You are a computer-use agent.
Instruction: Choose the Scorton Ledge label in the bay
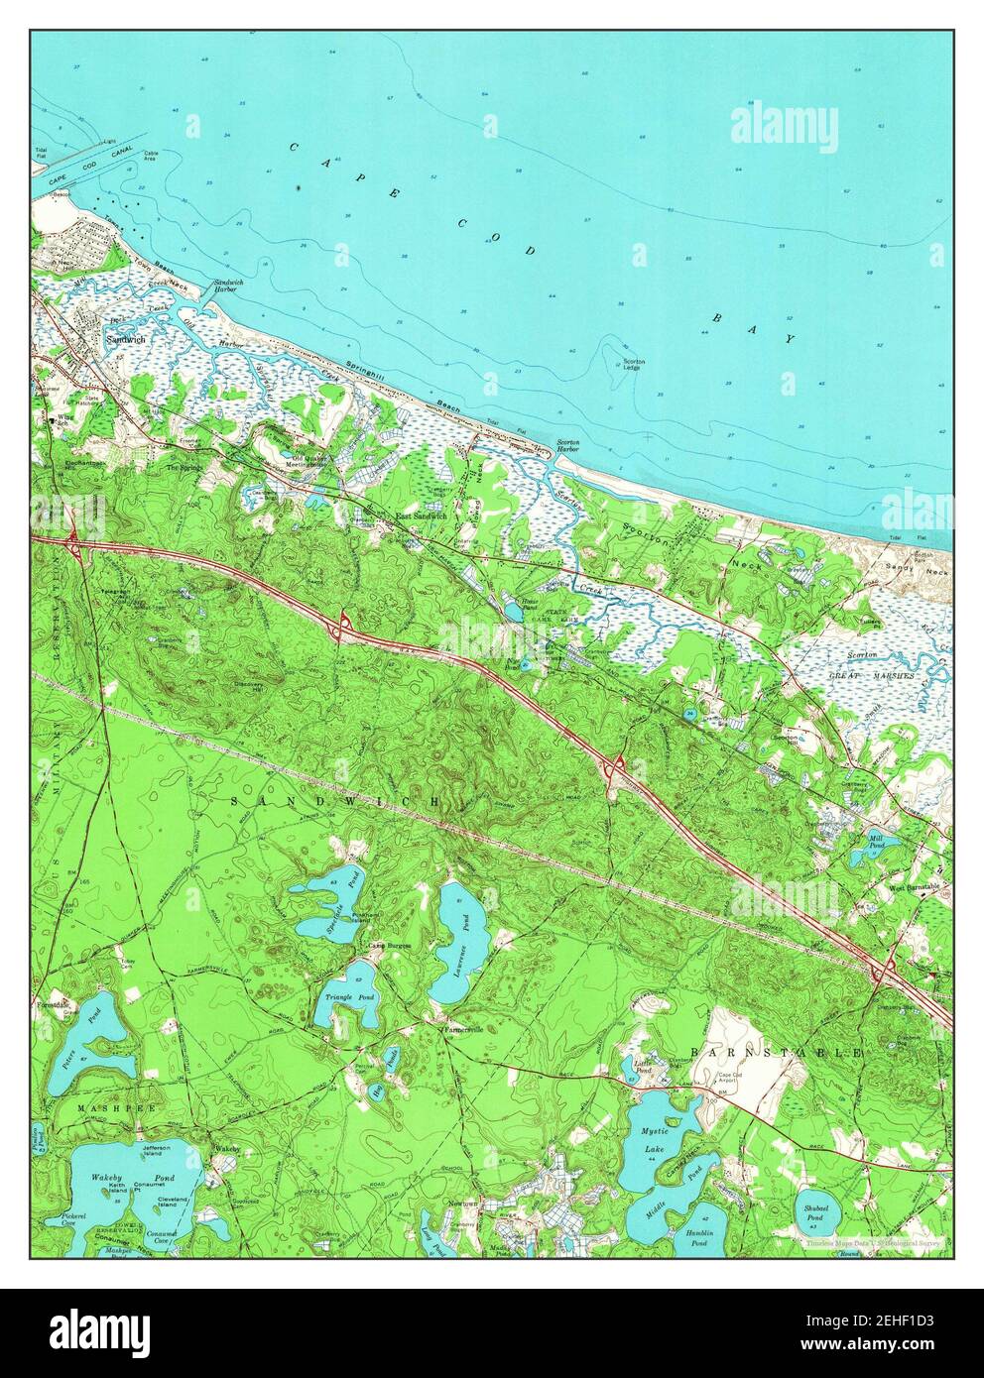(x=633, y=365)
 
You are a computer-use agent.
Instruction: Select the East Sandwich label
(x=422, y=516)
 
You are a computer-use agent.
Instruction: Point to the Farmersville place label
(x=462, y=1029)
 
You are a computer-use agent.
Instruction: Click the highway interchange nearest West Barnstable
(x=886, y=969)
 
